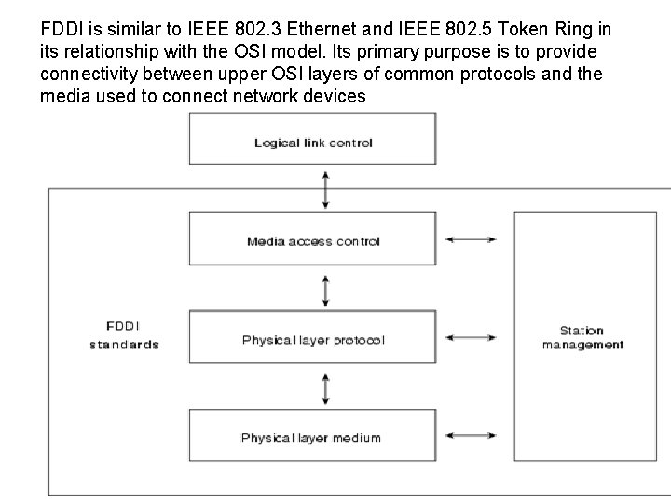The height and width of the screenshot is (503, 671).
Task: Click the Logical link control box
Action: coord(313,143)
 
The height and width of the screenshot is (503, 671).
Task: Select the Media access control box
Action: coord(313,241)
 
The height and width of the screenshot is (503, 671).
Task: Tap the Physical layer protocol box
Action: coord(313,339)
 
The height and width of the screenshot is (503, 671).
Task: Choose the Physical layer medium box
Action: coord(313,437)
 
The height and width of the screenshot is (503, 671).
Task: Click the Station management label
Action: coord(582,337)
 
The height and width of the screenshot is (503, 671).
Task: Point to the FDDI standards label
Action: coord(124,336)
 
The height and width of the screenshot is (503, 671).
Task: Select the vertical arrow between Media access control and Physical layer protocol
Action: coord(323,291)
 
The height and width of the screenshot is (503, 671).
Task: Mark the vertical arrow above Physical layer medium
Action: coord(323,388)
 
